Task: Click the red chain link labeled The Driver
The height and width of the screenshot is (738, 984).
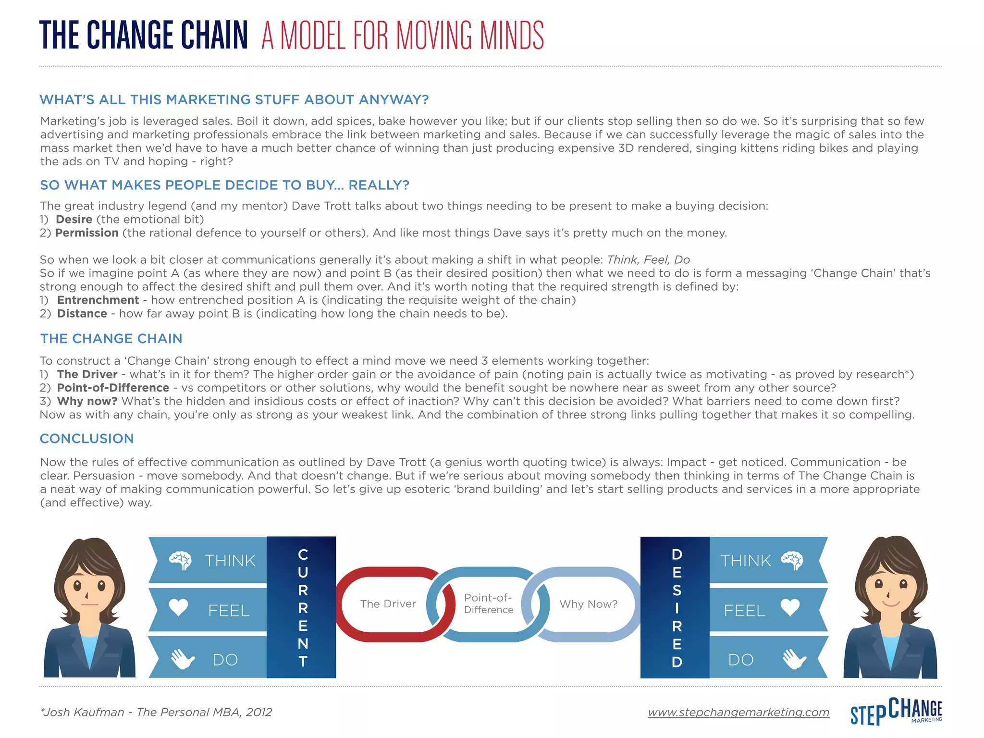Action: pos(388,604)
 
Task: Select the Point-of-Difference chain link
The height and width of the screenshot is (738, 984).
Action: pos(488,604)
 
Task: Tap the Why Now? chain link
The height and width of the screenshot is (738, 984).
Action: pos(588,604)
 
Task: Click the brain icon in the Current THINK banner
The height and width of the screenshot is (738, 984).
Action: pos(180,560)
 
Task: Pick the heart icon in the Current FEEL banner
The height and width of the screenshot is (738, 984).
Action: pos(179,608)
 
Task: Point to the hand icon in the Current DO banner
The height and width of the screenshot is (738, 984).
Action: pos(182,659)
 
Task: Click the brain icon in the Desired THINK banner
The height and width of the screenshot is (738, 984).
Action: pos(792,560)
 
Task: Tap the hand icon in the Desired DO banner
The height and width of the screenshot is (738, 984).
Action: pos(794,659)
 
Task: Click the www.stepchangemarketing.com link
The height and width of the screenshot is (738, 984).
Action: pos(738,712)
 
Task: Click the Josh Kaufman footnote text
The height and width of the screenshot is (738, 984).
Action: pos(157,712)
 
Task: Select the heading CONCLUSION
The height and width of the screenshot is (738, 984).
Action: pos(87,439)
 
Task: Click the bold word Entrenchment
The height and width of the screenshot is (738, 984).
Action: pos(98,300)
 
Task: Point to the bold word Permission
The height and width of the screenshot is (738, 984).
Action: pos(87,233)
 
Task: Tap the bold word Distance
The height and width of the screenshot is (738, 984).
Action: pos(82,314)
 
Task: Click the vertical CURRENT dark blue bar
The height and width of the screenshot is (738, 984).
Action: pos(302,607)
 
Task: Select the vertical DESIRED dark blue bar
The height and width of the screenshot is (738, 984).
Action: pos(675,607)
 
